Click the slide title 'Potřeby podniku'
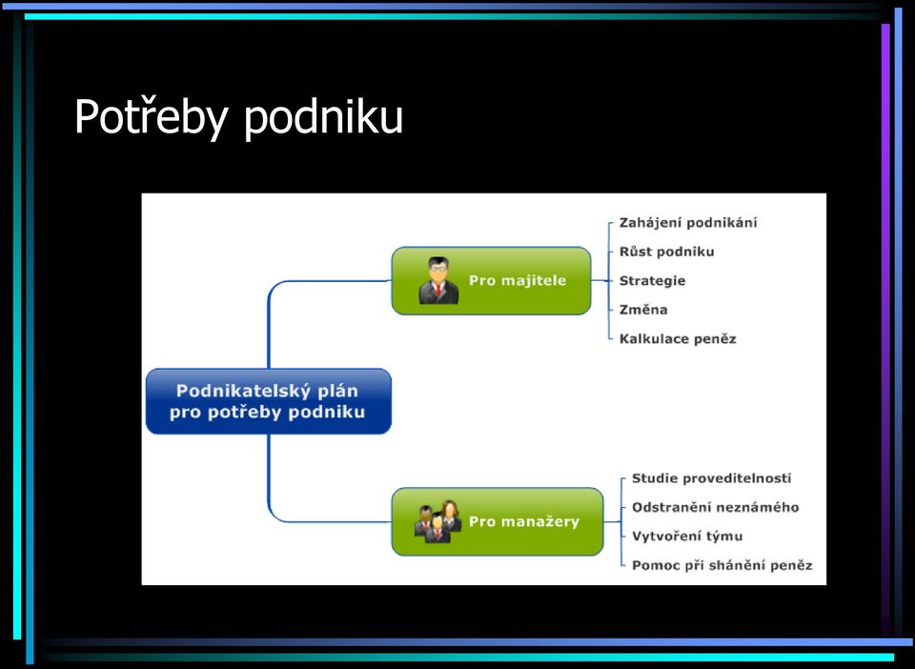(x=238, y=117)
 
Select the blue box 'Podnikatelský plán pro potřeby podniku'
(x=269, y=401)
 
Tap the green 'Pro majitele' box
(x=492, y=280)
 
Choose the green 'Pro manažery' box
(x=498, y=521)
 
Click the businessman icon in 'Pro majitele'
(x=438, y=280)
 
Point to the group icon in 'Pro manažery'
(x=438, y=521)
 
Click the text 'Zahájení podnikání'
(x=688, y=223)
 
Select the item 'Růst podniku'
(x=666, y=252)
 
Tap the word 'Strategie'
(x=652, y=280)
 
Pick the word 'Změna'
(x=643, y=310)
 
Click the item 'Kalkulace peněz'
(x=678, y=339)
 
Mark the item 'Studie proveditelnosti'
(x=711, y=478)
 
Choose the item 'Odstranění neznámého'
(x=716, y=507)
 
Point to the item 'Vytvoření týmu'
(x=687, y=536)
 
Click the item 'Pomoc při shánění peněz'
(x=722, y=565)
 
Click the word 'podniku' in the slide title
(x=323, y=117)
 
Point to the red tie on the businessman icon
(x=438, y=290)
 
